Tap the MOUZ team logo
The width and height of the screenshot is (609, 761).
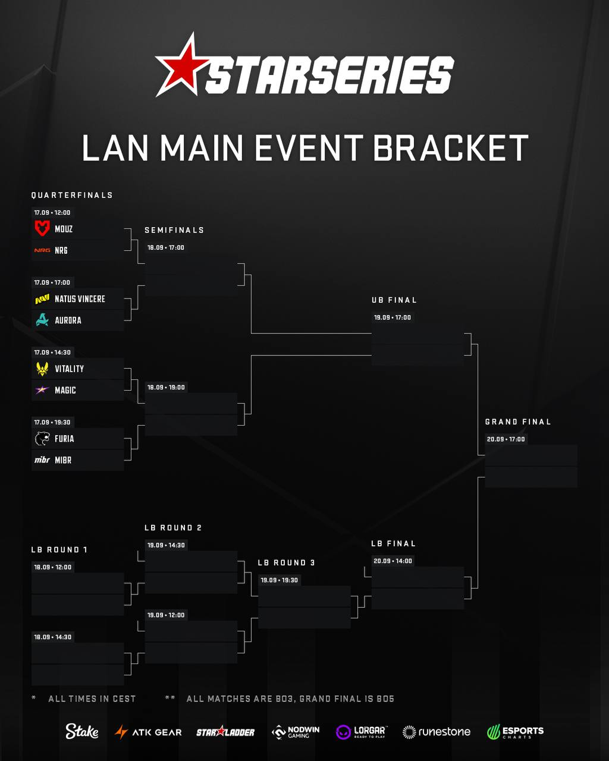click(42, 228)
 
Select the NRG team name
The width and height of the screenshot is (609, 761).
click(61, 250)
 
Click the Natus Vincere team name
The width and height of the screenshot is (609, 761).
click(80, 299)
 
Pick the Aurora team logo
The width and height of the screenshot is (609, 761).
click(42, 320)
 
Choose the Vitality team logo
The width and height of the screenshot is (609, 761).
click(42, 369)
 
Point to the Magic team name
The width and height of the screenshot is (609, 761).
click(65, 390)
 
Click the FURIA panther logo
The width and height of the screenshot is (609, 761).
click(42, 439)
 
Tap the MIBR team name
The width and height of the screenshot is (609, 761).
click(64, 460)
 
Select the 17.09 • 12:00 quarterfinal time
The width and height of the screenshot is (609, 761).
click(52, 212)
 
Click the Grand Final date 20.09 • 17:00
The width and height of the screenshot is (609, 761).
click(506, 439)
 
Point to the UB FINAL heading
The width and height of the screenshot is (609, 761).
click(394, 300)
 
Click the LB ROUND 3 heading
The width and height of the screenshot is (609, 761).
click(286, 562)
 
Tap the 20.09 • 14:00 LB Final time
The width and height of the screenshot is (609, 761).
click(393, 561)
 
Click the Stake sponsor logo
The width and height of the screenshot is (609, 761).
click(81, 731)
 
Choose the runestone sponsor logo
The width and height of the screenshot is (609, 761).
click(437, 732)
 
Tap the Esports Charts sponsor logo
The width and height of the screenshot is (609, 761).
click(515, 732)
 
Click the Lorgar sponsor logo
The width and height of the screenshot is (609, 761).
click(360, 732)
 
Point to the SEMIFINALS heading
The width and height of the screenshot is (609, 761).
click(174, 230)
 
